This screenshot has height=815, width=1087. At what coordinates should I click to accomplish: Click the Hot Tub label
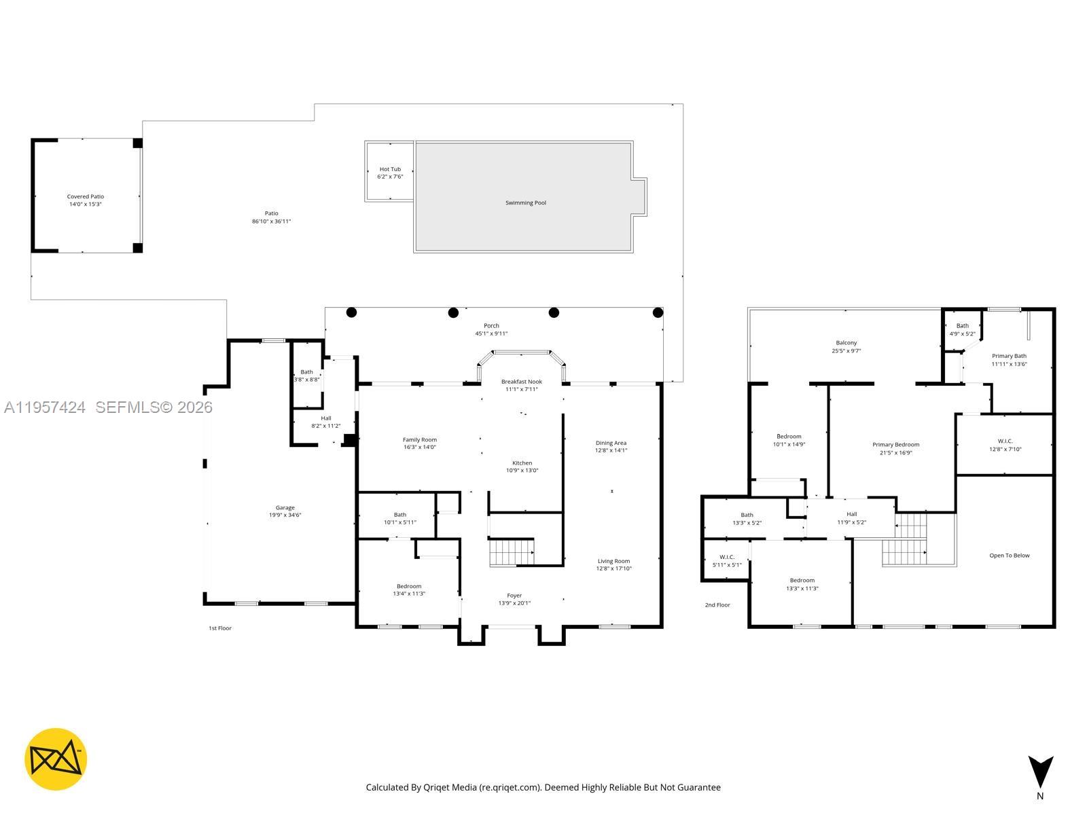pos(390,169)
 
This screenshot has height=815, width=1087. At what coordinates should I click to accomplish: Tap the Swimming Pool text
pos(525,202)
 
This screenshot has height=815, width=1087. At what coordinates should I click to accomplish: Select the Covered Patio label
pos(85,196)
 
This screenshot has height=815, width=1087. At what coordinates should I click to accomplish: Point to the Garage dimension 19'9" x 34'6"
pos(285,515)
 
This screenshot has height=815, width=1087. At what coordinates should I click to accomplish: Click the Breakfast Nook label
pos(521,382)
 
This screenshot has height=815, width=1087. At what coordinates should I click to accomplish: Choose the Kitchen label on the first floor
pos(522,463)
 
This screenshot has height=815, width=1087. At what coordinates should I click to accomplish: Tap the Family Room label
pos(419,439)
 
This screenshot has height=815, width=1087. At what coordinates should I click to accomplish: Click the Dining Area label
pos(610,443)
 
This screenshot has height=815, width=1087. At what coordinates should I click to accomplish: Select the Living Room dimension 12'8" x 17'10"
pos(613,568)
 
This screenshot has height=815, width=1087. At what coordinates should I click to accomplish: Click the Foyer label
pos(514,596)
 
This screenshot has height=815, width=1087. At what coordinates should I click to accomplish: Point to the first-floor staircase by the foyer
pos(512,552)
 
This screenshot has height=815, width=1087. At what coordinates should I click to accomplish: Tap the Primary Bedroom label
pos(895,445)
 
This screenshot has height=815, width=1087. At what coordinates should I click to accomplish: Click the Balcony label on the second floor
pos(846,343)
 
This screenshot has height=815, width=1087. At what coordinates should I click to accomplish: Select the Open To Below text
pos(1009,556)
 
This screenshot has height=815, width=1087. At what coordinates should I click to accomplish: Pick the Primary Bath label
pos(1009,356)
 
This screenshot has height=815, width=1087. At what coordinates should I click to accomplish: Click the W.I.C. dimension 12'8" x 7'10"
pos(1005,449)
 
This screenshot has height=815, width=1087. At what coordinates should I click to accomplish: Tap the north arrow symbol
pos(1040,772)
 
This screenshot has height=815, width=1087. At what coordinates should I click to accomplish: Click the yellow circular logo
pos(56,759)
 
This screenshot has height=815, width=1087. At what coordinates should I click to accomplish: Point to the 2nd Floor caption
pos(717,604)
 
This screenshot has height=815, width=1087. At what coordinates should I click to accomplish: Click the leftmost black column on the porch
pos(351,312)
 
